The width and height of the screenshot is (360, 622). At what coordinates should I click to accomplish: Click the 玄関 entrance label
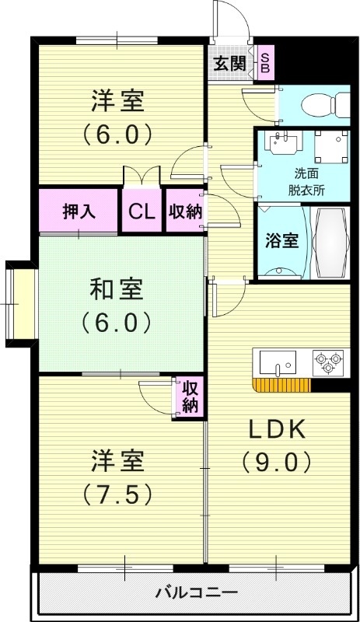(x=231, y=64)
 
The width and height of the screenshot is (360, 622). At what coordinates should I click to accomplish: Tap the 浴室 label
(x=281, y=240)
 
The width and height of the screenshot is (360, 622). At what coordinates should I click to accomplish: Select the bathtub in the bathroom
(x=332, y=243)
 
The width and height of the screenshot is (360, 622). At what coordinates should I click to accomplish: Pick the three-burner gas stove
(x=328, y=363)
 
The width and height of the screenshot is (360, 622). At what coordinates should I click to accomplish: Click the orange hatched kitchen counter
(x=281, y=385)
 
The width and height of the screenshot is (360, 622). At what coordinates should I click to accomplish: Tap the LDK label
(x=278, y=429)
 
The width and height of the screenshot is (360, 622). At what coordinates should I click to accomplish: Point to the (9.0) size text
(x=278, y=463)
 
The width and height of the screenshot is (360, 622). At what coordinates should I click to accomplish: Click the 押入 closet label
(x=79, y=211)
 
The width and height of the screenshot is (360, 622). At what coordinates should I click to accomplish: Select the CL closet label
(x=142, y=211)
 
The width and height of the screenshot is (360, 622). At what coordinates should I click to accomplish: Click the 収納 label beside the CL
(x=185, y=211)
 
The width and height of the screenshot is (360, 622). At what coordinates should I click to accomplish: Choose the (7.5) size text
(x=117, y=494)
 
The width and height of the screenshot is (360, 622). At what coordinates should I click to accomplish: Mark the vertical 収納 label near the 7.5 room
(x=190, y=397)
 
